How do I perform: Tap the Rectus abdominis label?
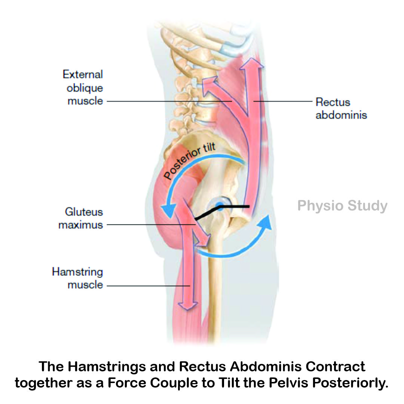pyautogui.click(x=341, y=108)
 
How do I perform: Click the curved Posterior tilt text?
pyautogui.click(x=190, y=161)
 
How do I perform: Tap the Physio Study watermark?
pyautogui.click(x=342, y=206)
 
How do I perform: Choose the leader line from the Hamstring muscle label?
pyautogui.click(x=146, y=286)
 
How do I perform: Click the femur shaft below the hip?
pyautogui.click(x=214, y=292)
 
